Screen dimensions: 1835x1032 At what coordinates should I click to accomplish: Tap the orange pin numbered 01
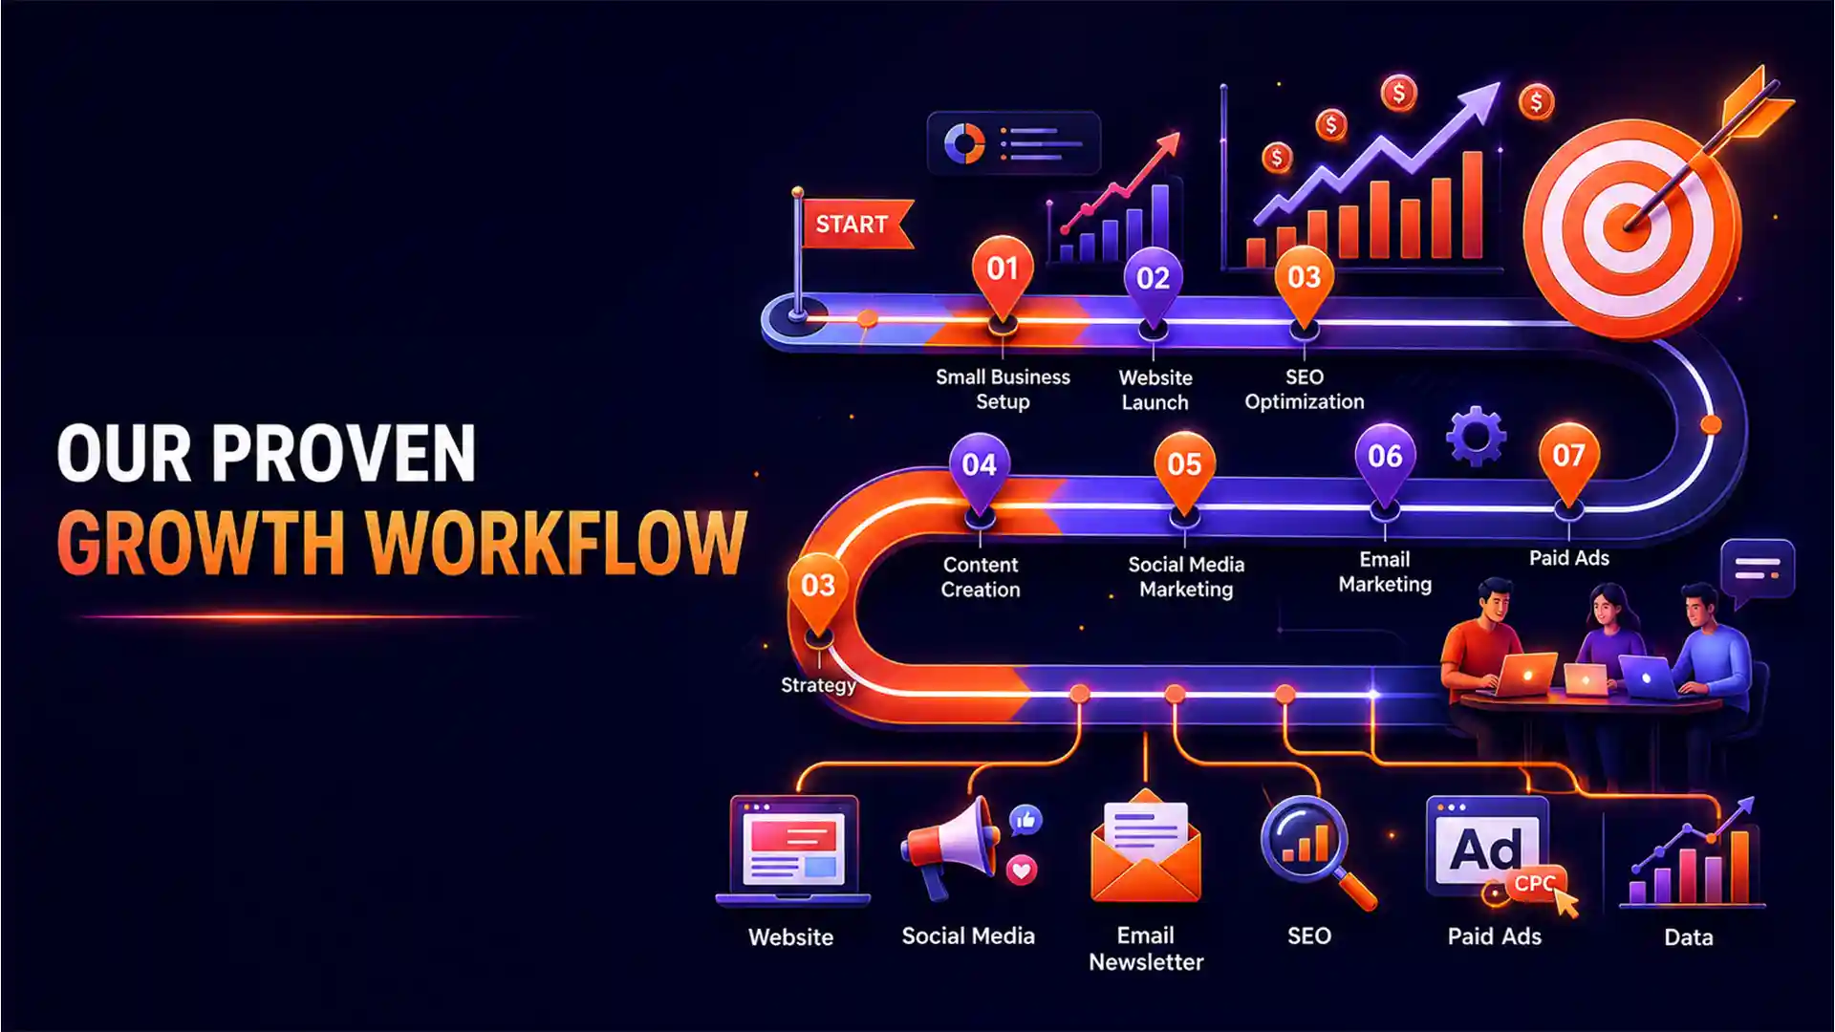pos(1003,275)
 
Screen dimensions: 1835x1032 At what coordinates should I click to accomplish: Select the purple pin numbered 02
pos(1153,285)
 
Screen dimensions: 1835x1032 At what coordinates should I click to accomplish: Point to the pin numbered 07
pos(1568,463)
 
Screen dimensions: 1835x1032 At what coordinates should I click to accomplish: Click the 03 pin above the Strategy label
pos(818,592)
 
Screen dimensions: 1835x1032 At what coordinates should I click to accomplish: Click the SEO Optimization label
pos(1305,389)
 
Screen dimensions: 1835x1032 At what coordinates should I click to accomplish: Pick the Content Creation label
pos(981,577)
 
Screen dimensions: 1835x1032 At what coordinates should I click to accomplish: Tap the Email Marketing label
pos(1385,571)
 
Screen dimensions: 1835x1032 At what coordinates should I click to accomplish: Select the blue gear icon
pos(1476,437)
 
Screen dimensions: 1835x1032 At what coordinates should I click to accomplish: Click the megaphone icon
pos(949,847)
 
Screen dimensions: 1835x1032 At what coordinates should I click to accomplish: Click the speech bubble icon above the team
pos(1757,571)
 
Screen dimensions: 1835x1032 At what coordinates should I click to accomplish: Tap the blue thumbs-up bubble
pos(1025,820)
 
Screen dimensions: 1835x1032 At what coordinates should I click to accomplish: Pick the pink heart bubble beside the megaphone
pos(1022,871)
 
